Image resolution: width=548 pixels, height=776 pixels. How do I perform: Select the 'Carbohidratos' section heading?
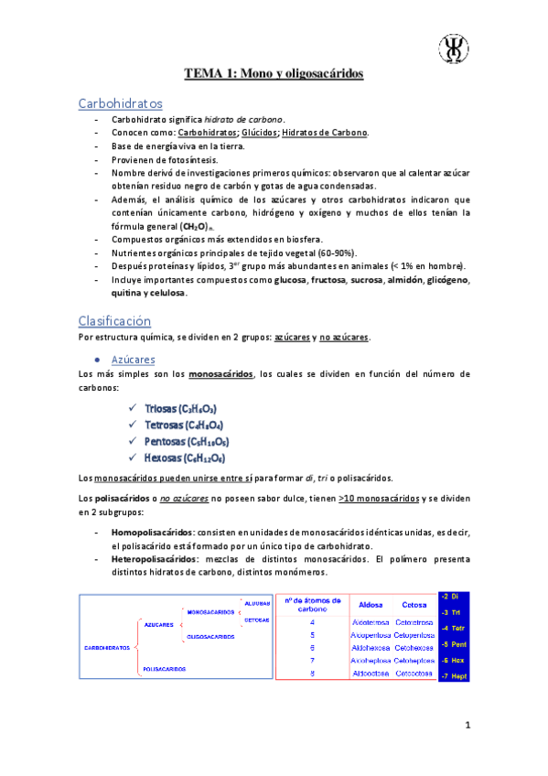pyautogui.click(x=121, y=103)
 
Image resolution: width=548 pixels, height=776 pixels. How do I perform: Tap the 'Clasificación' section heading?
pyautogui.click(x=114, y=320)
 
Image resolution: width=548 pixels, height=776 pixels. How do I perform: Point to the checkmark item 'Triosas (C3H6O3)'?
pyautogui.click(x=180, y=408)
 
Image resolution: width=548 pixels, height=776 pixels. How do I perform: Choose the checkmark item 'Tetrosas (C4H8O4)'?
pyautogui.click(x=184, y=425)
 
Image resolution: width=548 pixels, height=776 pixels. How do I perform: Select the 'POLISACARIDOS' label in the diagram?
pyautogui.click(x=164, y=670)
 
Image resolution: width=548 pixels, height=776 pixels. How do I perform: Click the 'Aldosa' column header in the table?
pyautogui.click(x=371, y=605)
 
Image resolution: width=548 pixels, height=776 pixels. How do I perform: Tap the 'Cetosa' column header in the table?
pyautogui.click(x=414, y=605)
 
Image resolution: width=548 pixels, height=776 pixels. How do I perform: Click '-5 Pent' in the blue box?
pyautogui.click(x=454, y=644)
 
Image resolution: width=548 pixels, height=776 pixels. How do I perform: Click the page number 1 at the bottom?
pyautogui.click(x=467, y=727)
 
